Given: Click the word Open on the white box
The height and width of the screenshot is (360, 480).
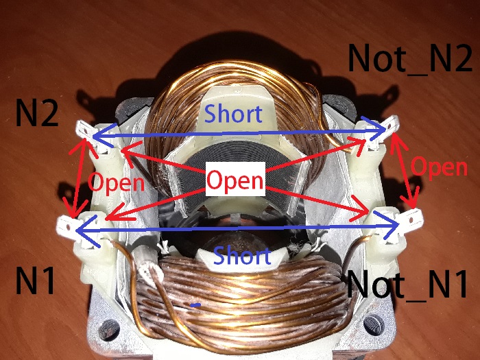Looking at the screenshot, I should tap(235, 180).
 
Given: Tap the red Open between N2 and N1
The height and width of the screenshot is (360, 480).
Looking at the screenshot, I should tap(117, 182).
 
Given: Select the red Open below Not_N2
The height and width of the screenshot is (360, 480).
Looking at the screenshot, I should tap(439, 167).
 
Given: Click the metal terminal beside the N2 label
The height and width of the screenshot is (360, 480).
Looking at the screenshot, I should tap(83, 130).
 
